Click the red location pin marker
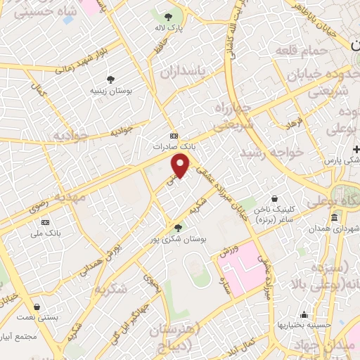(x=181, y=165)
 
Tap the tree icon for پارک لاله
(x=167, y=17)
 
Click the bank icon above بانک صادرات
(x=174, y=136)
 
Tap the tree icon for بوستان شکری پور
(x=178, y=227)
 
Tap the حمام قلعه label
(x=302, y=51)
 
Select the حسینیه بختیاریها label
(x=303, y=325)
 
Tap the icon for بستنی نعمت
(x=36, y=307)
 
